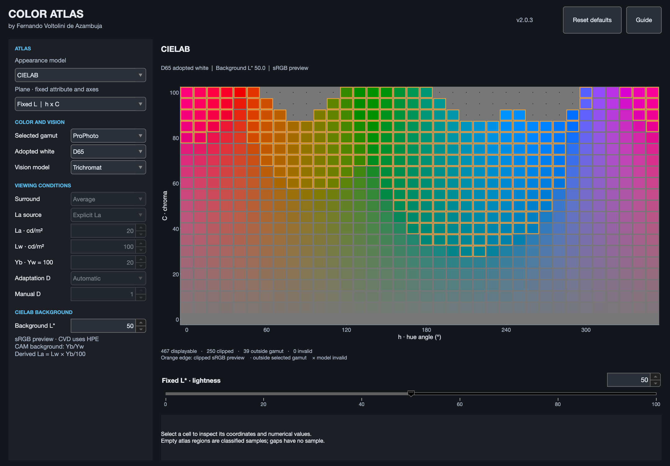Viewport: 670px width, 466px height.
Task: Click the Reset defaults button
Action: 592,20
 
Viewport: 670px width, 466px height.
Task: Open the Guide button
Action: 644,20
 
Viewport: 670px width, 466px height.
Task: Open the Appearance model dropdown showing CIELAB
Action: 80,75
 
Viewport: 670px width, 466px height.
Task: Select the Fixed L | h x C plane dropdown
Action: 80,104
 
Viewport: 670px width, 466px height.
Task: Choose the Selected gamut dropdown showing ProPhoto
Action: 108,136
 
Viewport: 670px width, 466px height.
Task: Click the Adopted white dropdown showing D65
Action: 108,152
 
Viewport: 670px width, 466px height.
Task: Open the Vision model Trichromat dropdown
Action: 108,167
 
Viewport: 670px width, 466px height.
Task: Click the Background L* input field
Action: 103,326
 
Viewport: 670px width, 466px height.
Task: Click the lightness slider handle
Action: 411,394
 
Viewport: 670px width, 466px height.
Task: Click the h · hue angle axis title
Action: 419,337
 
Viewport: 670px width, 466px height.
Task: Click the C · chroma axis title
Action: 165,205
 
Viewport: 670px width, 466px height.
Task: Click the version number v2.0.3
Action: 525,20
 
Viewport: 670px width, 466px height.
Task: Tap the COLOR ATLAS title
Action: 46,14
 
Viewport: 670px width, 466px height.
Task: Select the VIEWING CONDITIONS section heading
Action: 43,185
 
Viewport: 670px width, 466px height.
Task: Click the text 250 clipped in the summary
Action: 220,351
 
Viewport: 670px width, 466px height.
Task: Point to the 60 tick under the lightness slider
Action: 460,404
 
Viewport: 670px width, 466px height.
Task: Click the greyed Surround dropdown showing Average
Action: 108,199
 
